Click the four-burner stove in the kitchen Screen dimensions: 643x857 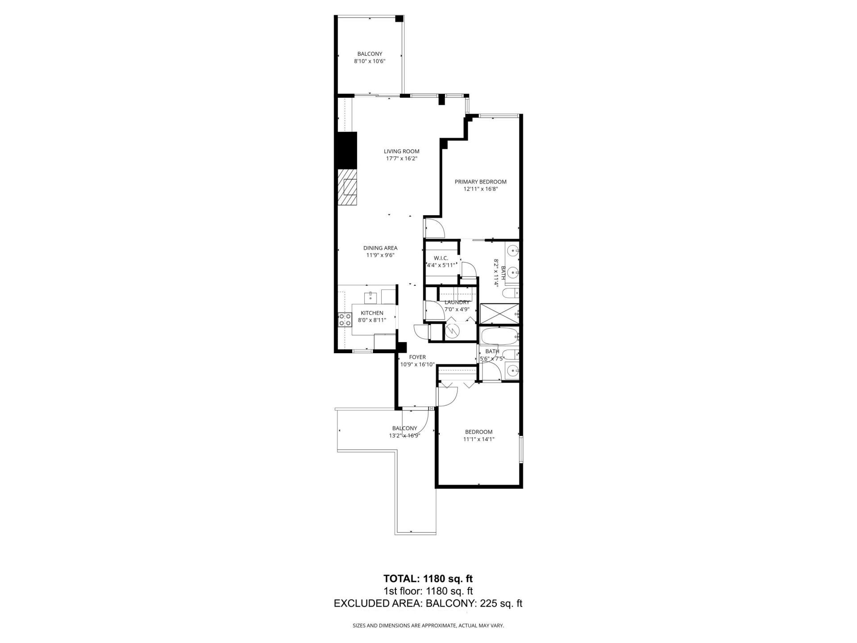345,319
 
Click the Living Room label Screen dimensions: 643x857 401,151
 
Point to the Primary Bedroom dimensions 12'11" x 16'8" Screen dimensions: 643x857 480,189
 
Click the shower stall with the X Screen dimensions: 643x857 499,314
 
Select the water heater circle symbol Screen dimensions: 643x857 453,331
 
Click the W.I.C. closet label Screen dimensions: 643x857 441,259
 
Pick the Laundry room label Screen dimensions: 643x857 457,302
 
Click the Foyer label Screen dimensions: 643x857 417,357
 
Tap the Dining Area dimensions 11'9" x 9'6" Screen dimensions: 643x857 380,255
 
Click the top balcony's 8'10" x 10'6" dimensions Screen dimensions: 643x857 370,61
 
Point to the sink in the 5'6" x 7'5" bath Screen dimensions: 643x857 512,370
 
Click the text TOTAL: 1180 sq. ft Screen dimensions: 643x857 428,579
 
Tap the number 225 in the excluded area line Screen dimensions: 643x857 488,604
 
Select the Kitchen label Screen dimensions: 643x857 372,313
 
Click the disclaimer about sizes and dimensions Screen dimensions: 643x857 428,626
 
